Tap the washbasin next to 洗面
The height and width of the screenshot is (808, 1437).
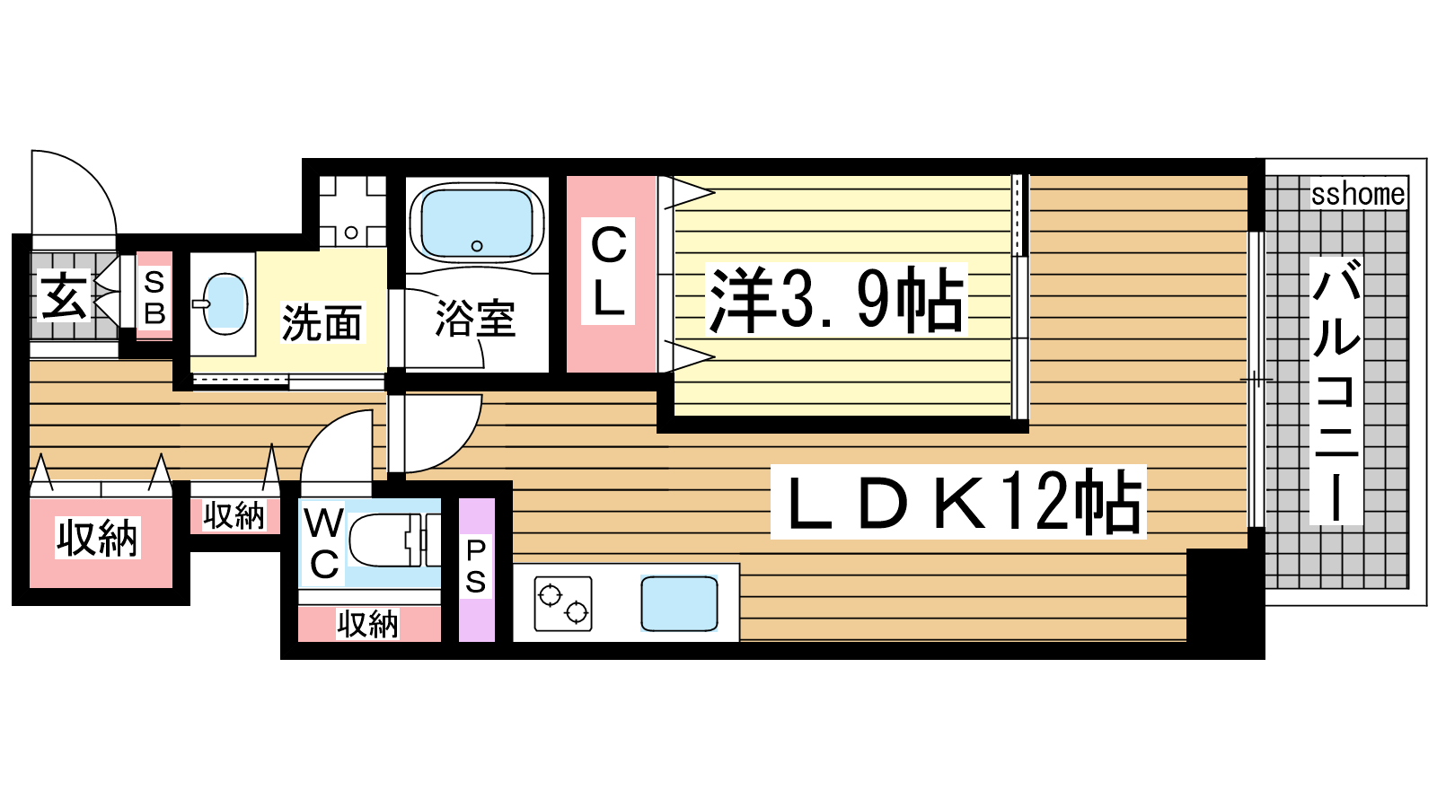tap(225, 304)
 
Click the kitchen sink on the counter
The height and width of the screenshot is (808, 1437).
tap(679, 603)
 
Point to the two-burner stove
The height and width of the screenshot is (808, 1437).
tap(562, 603)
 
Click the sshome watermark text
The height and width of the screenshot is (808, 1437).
tap(1358, 194)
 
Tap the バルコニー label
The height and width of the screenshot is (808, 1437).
tap(1336, 391)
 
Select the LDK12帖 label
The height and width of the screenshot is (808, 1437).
tap(957, 502)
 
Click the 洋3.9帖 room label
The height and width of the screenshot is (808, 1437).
tap(836, 300)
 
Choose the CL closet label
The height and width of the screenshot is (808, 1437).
tap(608, 271)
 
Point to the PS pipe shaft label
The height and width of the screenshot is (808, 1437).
tap(475, 566)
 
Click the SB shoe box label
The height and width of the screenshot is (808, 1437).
tap(154, 297)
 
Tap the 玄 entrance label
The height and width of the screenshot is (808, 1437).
tap(62, 295)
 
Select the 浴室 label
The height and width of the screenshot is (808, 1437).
tap(475, 319)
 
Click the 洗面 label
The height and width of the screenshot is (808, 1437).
tap(322, 322)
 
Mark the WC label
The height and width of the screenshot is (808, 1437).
tap(324, 544)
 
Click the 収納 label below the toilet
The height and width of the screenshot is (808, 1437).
tap(367, 624)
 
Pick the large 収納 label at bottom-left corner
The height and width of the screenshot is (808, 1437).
tap(98, 538)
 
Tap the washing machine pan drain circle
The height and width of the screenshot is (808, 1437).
tap(351, 233)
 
